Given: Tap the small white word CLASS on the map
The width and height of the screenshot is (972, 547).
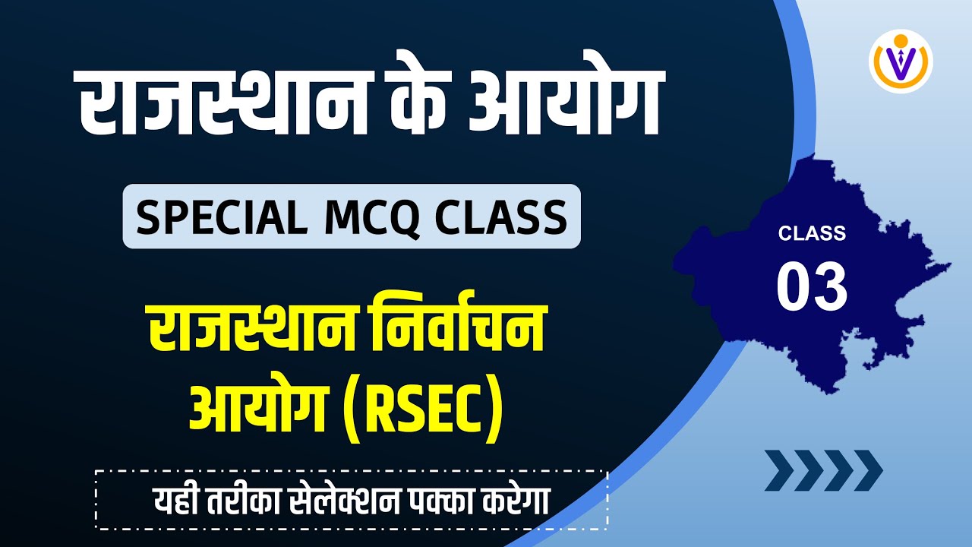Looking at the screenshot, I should tap(811, 233).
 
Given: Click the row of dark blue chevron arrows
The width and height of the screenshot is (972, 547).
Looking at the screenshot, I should tap(823, 470).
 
